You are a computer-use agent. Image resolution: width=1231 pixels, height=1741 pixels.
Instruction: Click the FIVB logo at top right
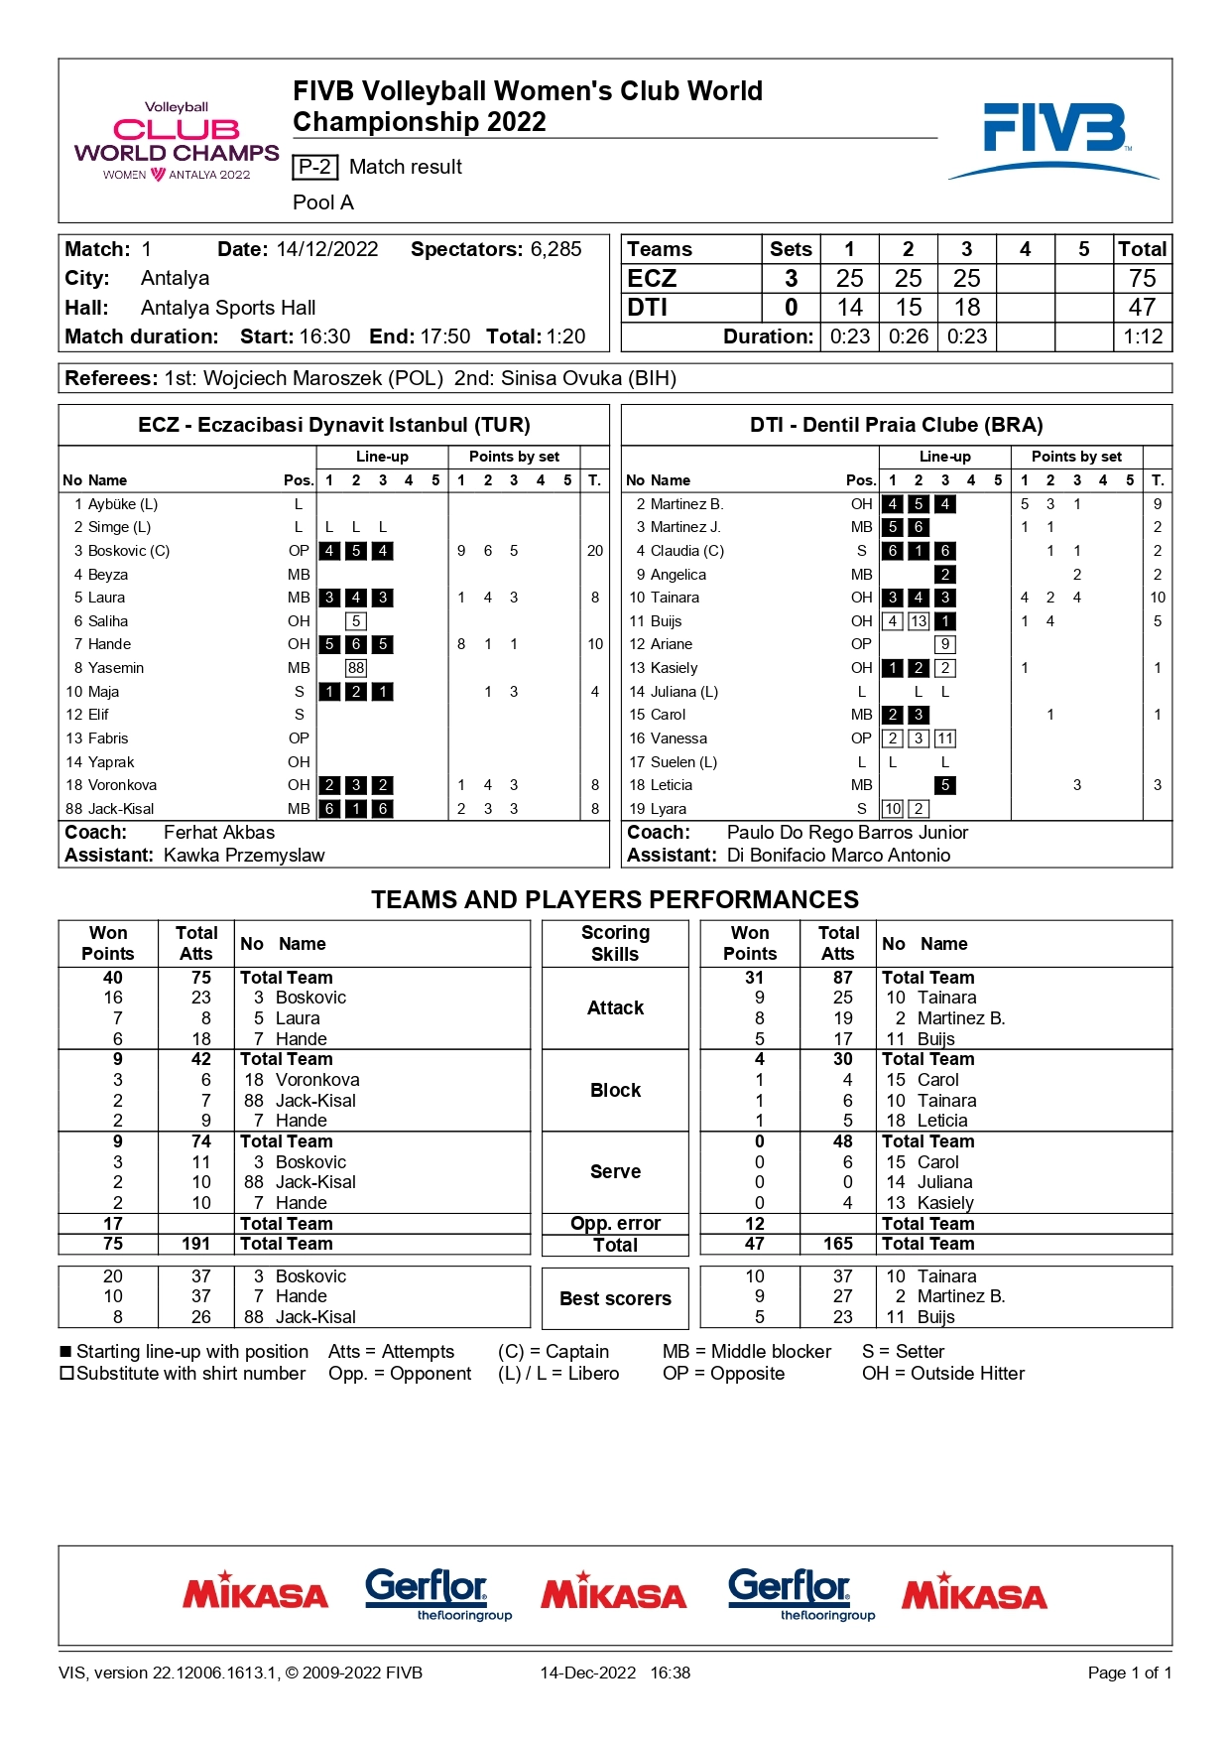pyautogui.click(x=1053, y=139)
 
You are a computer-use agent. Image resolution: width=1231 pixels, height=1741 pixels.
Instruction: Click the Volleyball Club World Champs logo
pyautogui.click(x=177, y=141)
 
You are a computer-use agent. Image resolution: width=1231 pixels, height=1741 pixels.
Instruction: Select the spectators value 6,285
pyautogui.click(x=555, y=249)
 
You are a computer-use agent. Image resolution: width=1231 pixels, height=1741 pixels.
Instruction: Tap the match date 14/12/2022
pyautogui.click(x=326, y=249)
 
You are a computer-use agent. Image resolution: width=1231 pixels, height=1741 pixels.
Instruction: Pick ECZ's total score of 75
pyautogui.click(x=1142, y=278)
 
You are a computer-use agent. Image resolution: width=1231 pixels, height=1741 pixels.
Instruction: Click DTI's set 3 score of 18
pyautogui.click(x=966, y=308)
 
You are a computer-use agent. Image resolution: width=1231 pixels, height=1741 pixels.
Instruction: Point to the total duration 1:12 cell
pyautogui.click(x=1142, y=336)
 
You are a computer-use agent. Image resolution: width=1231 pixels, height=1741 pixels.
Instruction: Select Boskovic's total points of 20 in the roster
pyautogui.click(x=594, y=551)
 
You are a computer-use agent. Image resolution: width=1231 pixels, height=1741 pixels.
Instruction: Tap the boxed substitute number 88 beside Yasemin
pyautogui.click(x=356, y=668)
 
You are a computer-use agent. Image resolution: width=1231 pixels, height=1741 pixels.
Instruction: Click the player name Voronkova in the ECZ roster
pyautogui.click(x=122, y=785)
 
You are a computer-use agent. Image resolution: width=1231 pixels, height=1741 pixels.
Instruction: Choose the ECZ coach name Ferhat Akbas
pyautogui.click(x=219, y=832)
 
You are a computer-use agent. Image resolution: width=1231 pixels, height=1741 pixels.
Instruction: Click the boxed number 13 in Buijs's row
pyautogui.click(x=919, y=621)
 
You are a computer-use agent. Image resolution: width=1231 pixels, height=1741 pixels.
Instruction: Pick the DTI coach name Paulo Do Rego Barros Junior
pyautogui.click(x=847, y=832)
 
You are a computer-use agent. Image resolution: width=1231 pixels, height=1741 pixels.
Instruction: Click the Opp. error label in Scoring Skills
pyautogui.click(x=615, y=1224)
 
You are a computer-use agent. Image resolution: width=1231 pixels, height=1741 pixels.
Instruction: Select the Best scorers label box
pyautogui.click(x=615, y=1298)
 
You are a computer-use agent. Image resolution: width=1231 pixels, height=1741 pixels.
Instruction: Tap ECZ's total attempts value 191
pyautogui.click(x=195, y=1244)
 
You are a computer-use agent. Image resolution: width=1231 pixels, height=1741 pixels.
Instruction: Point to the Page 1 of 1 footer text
pyautogui.click(x=1129, y=1673)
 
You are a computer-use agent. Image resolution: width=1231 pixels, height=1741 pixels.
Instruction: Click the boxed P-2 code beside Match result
pyautogui.click(x=315, y=167)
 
